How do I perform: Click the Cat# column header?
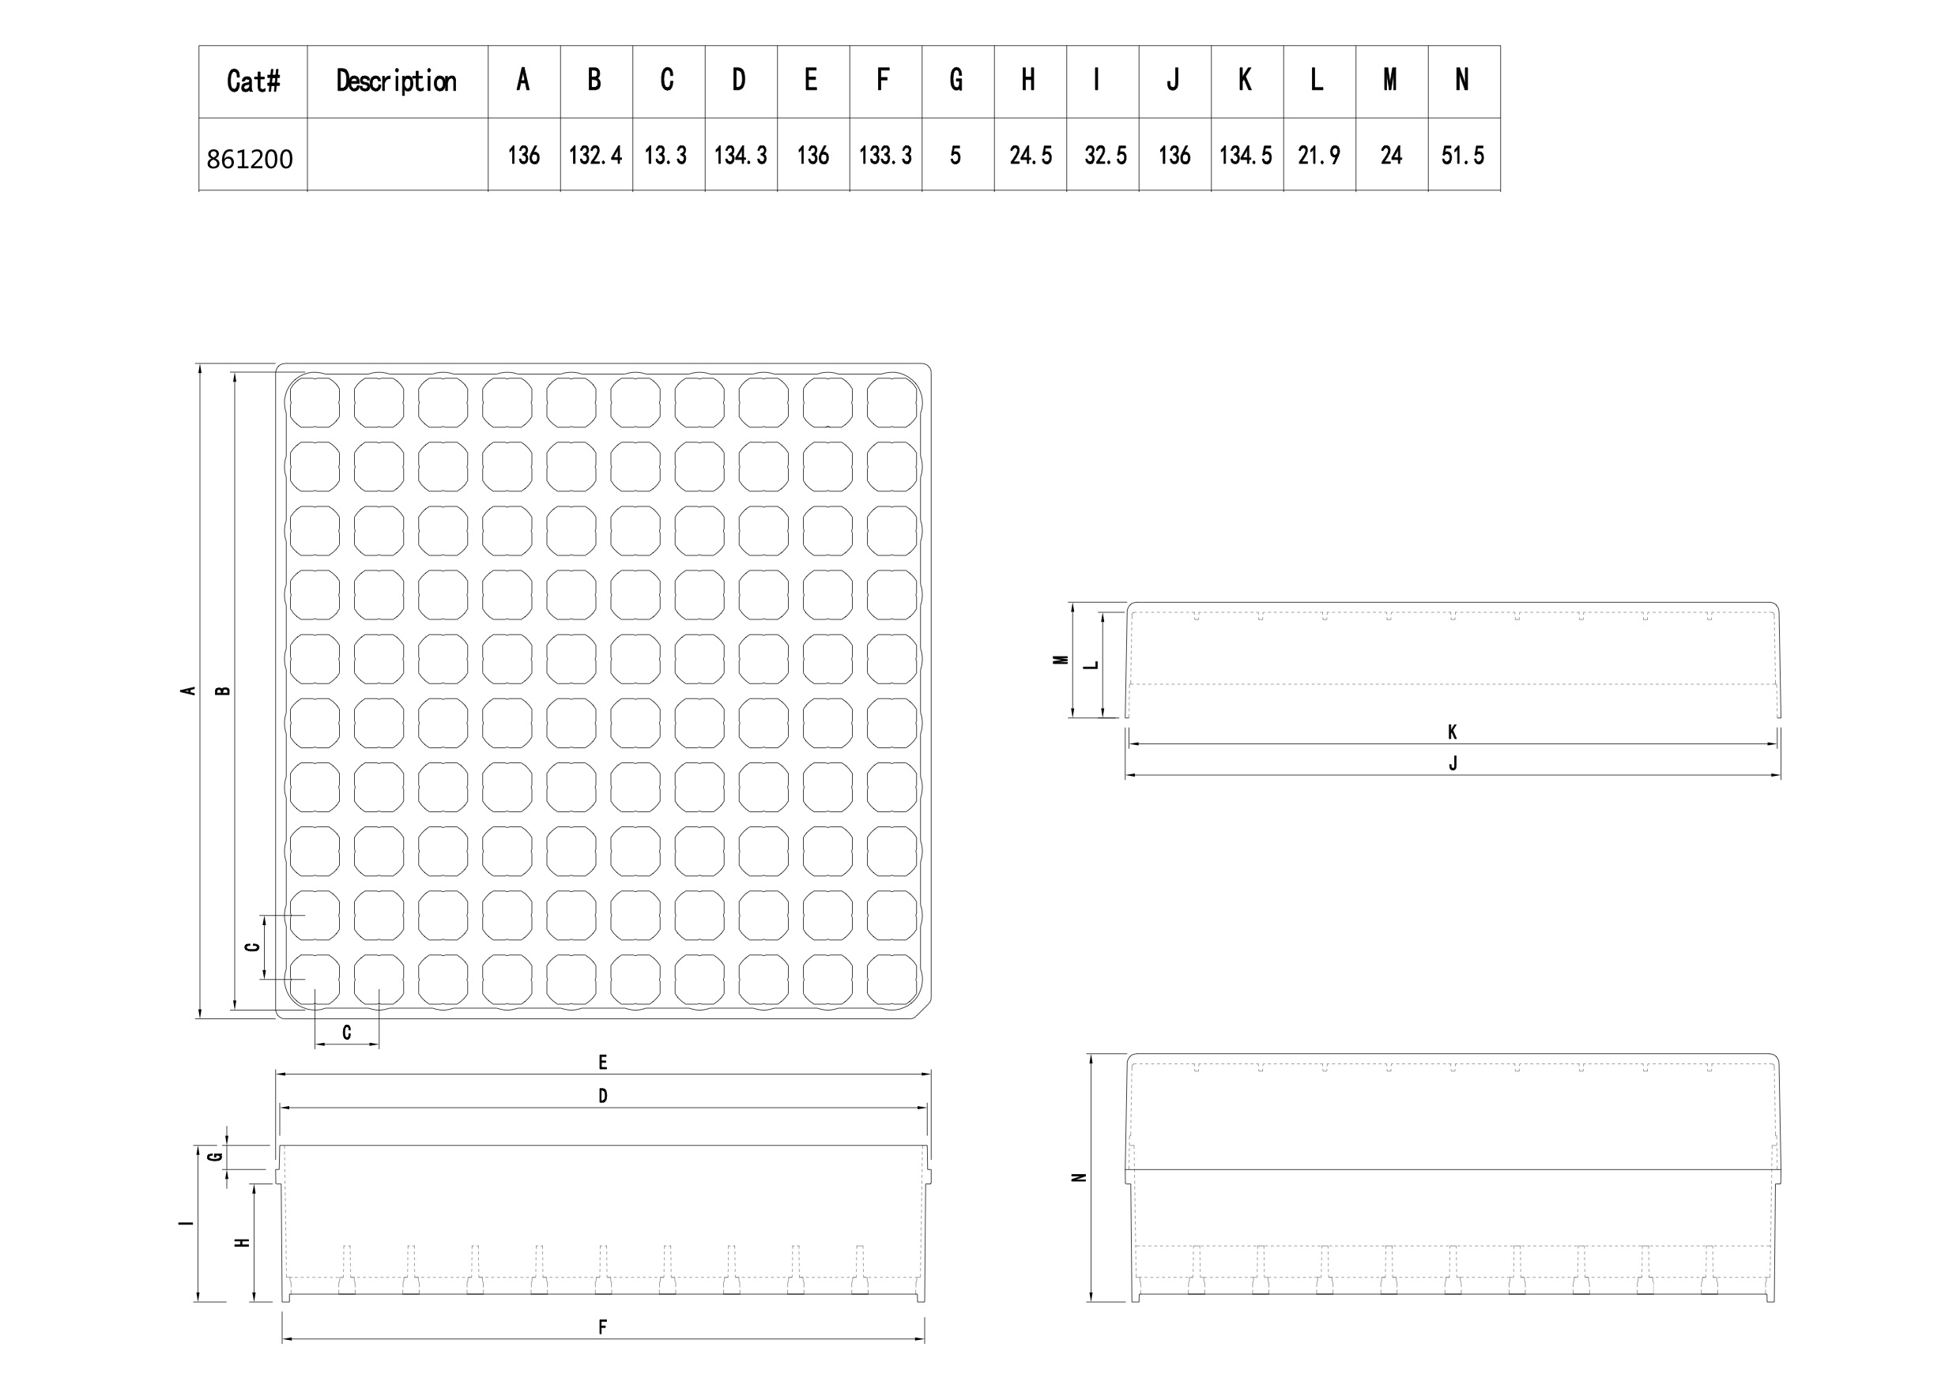click(x=254, y=81)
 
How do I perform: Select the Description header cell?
click(x=396, y=81)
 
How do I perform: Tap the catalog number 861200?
click(x=249, y=159)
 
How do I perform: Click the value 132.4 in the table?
click(x=596, y=156)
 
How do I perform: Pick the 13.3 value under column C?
click(x=666, y=156)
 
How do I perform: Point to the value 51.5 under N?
click(x=1463, y=156)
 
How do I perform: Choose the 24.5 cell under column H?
click(x=1031, y=156)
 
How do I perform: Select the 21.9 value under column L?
click(x=1319, y=156)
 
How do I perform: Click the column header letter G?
click(x=956, y=81)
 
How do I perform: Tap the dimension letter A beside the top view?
click(x=189, y=691)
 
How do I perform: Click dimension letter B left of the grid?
click(x=224, y=691)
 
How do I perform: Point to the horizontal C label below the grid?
click(x=347, y=1033)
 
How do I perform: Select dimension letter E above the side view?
click(x=603, y=1063)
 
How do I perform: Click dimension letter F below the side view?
click(x=603, y=1327)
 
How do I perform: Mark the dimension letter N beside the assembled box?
click(x=1079, y=1178)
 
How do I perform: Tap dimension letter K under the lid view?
click(x=1452, y=732)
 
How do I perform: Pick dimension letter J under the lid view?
click(x=1453, y=763)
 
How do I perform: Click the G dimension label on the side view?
click(x=216, y=1157)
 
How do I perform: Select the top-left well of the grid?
click(x=314, y=401)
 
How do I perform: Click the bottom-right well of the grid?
click(x=892, y=979)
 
